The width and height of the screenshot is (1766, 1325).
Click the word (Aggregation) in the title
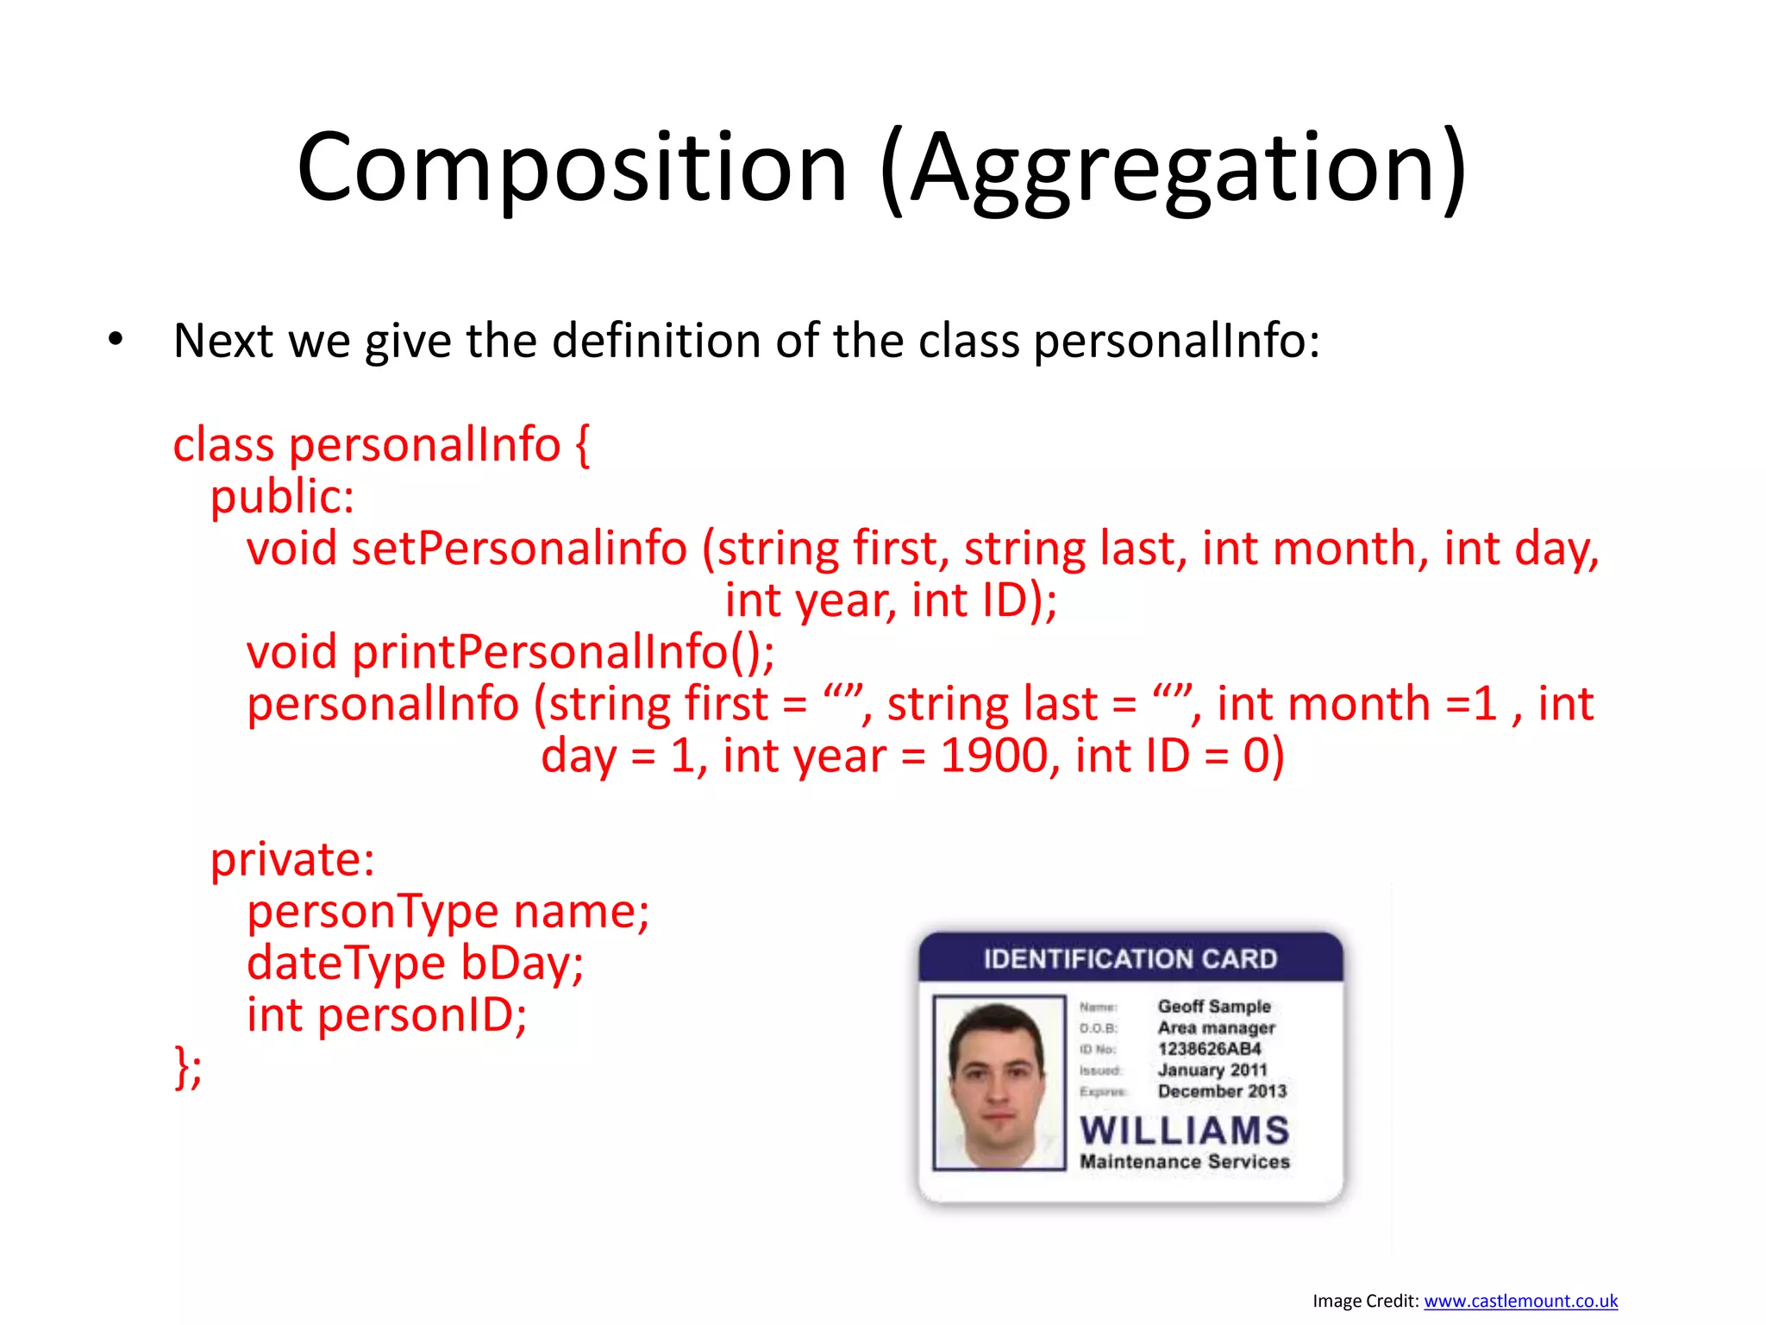coord(1174,168)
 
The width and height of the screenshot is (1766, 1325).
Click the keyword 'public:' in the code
coord(282,497)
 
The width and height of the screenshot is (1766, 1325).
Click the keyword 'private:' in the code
coord(292,860)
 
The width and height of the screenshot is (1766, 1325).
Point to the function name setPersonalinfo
coord(519,549)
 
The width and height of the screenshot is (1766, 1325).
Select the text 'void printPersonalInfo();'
coord(510,652)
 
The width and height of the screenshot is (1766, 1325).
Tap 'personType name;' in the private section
coord(448,912)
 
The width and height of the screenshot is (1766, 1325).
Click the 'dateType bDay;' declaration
coord(415,964)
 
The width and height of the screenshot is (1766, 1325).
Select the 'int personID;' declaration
coord(386,1015)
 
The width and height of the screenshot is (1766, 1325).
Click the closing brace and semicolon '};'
coord(188,1067)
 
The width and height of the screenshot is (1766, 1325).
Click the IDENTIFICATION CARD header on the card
coord(1130,959)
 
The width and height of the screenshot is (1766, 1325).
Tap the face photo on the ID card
coord(999,1083)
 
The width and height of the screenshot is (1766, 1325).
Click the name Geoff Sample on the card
coord(1213,1007)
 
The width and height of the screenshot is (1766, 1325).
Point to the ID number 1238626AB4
coord(1209,1049)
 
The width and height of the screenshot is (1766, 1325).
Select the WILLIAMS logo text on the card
coord(1184,1131)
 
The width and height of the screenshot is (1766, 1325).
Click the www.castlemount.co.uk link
coord(1520,1301)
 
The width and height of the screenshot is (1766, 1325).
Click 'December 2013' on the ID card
coord(1222,1091)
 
